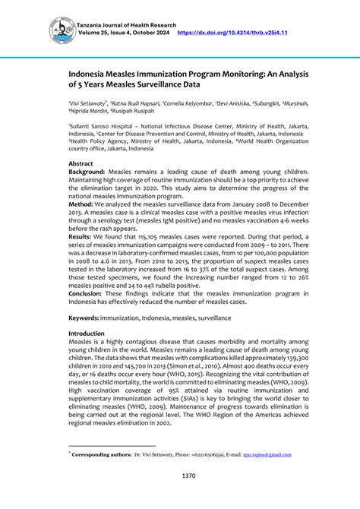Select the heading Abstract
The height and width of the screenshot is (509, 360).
coord(81,163)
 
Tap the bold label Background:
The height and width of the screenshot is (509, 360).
coord(88,172)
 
